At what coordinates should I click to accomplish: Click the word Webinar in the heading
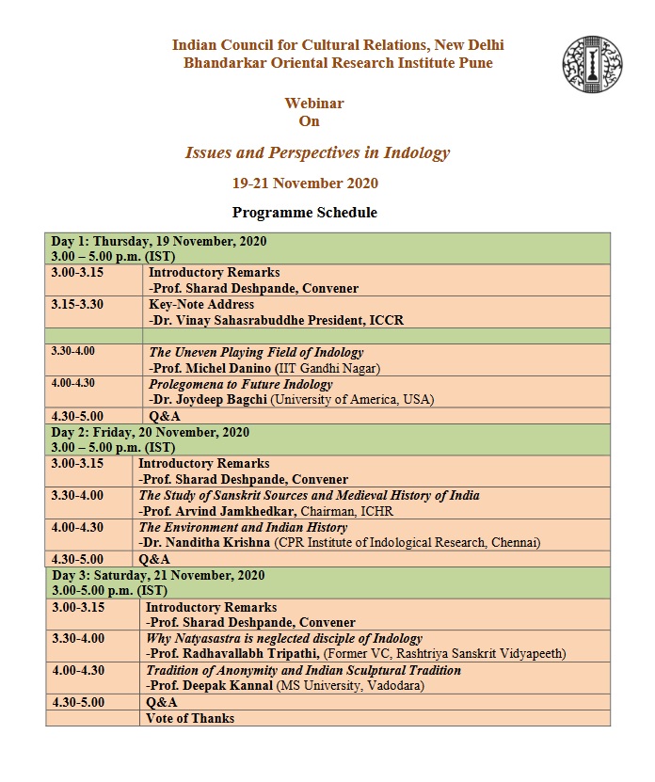point(313,104)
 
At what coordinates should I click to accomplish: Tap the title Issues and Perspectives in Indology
point(317,152)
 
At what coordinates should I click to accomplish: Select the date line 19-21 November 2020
point(305,183)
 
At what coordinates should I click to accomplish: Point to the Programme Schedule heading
point(304,213)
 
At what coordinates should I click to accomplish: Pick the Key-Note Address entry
point(201,305)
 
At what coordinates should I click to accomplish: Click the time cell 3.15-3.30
point(77,305)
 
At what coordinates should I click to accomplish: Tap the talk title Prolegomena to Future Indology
point(240,384)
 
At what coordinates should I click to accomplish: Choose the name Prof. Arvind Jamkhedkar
point(218,511)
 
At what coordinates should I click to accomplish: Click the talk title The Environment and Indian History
point(243,528)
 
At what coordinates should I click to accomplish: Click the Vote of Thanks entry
point(190,718)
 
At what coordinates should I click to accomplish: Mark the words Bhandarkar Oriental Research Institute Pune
point(338,63)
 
